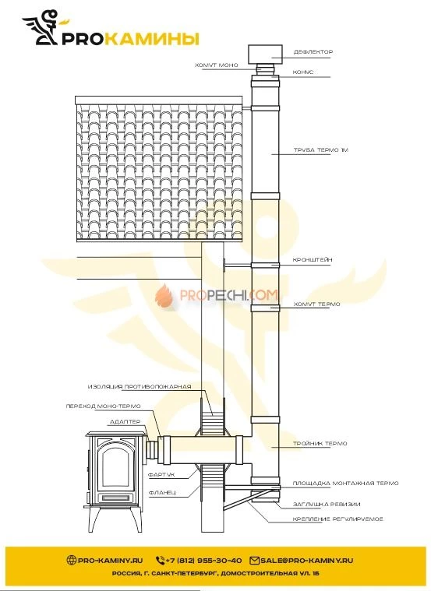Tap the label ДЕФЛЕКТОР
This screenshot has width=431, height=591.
click(x=313, y=52)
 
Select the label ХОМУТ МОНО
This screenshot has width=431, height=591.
click(x=216, y=65)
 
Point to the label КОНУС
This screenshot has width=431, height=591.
click(x=303, y=72)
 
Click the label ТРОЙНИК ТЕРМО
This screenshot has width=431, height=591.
click(x=320, y=443)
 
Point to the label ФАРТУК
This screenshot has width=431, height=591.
click(x=164, y=473)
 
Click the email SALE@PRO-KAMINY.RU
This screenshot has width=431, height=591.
click(x=307, y=560)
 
